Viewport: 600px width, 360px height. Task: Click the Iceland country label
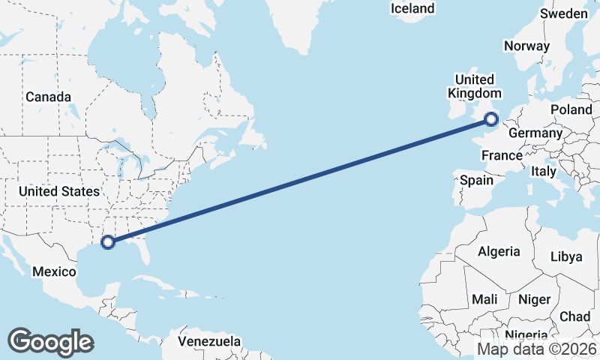(412, 8)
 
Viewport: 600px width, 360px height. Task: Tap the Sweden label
(564, 13)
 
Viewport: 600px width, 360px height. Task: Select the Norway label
(526, 46)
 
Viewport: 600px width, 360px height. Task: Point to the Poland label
(571, 109)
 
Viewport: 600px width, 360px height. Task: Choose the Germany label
(535, 133)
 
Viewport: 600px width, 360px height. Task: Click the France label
(502, 155)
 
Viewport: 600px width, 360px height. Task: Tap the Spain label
(476, 180)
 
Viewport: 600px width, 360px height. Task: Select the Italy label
(544, 171)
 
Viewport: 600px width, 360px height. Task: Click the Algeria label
(499, 250)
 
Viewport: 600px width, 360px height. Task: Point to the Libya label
(566, 256)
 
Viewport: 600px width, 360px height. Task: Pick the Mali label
(484, 299)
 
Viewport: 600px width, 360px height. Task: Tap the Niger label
(534, 299)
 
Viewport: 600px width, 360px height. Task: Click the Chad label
(574, 316)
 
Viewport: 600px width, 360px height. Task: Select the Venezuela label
(210, 341)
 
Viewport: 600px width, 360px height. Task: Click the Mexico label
(54, 271)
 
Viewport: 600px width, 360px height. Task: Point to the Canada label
(48, 97)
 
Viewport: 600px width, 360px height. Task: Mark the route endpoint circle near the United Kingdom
(491, 118)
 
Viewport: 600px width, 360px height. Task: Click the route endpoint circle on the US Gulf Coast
(108, 241)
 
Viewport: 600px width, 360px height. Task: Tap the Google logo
(50, 341)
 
